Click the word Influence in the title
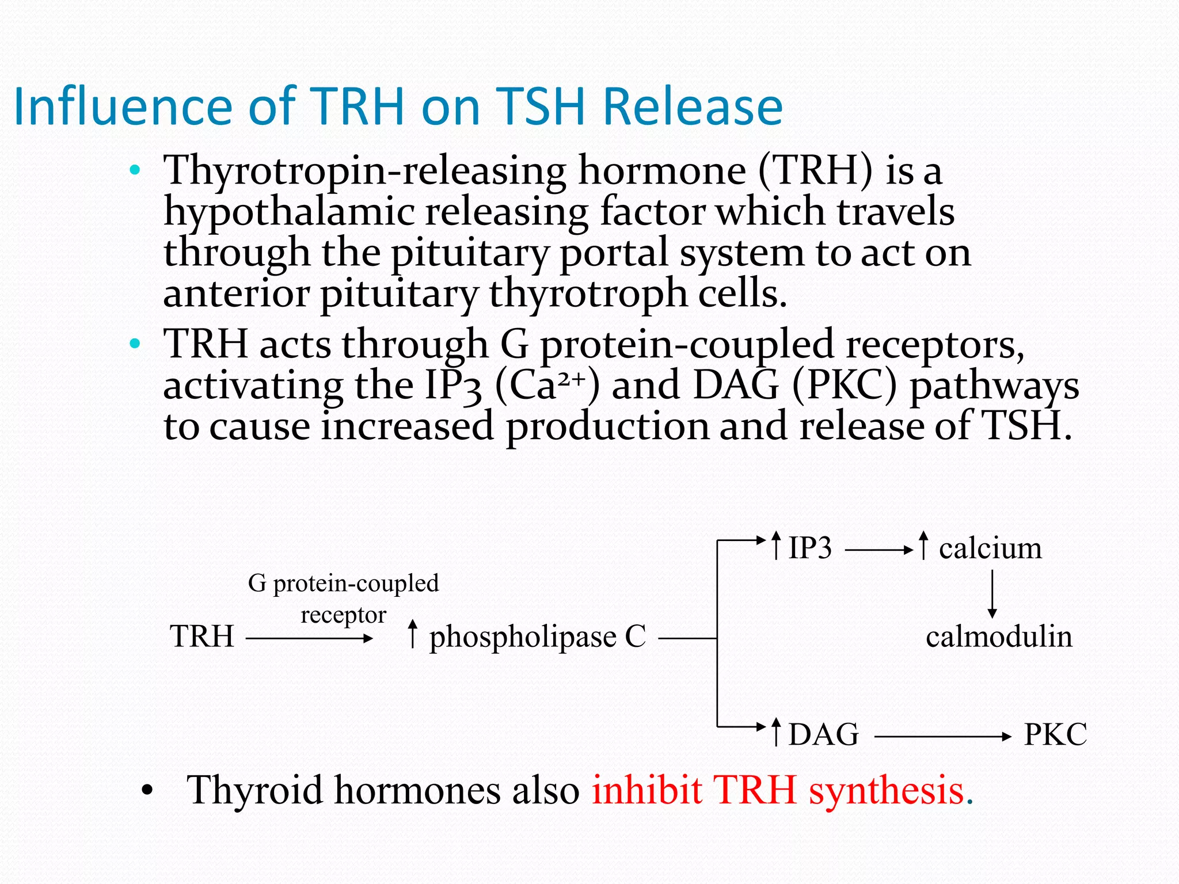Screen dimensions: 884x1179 [x=123, y=106]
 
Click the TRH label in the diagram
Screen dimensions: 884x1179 [x=202, y=637]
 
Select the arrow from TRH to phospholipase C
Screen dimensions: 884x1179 [x=309, y=638]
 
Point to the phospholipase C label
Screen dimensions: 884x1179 [x=538, y=638]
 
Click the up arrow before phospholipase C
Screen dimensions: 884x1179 [x=412, y=634]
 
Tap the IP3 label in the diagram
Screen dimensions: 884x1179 [x=809, y=548]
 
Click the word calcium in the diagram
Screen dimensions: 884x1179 [x=990, y=548]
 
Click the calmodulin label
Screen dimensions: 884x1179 [x=999, y=637]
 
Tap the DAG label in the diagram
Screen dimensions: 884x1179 [x=823, y=735]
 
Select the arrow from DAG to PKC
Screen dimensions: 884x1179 [x=942, y=737]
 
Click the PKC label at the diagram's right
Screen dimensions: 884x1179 [x=1055, y=735]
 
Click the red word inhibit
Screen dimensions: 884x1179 [x=646, y=790]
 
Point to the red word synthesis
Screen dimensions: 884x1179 [x=887, y=790]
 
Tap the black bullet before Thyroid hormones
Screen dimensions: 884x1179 [x=147, y=791]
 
